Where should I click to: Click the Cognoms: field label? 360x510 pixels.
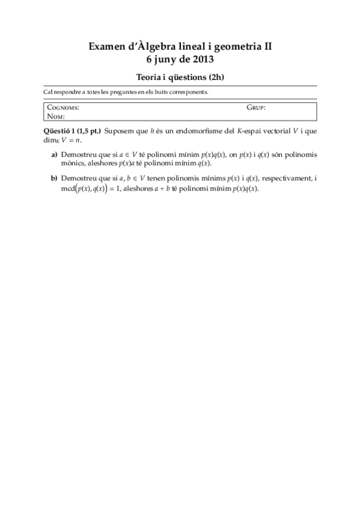click(x=63, y=108)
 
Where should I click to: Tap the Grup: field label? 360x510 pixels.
click(x=256, y=108)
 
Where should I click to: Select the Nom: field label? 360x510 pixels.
click(x=56, y=116)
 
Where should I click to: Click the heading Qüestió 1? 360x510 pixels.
click(x=59, y=131)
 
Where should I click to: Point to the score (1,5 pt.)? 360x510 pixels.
click(x=88, y=131)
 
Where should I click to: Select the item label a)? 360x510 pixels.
click(x=54, y=155)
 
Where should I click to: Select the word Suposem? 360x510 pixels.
click(x=118, y=131)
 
